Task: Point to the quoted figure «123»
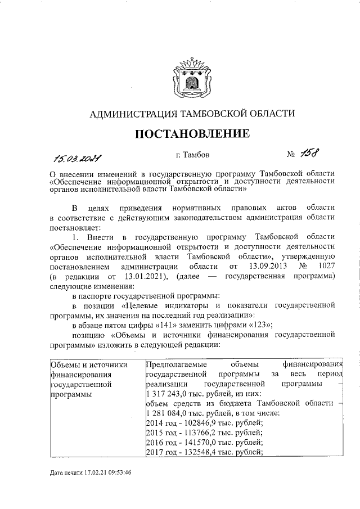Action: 260,325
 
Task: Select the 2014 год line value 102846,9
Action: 201,423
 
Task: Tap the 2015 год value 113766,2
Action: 201,433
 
